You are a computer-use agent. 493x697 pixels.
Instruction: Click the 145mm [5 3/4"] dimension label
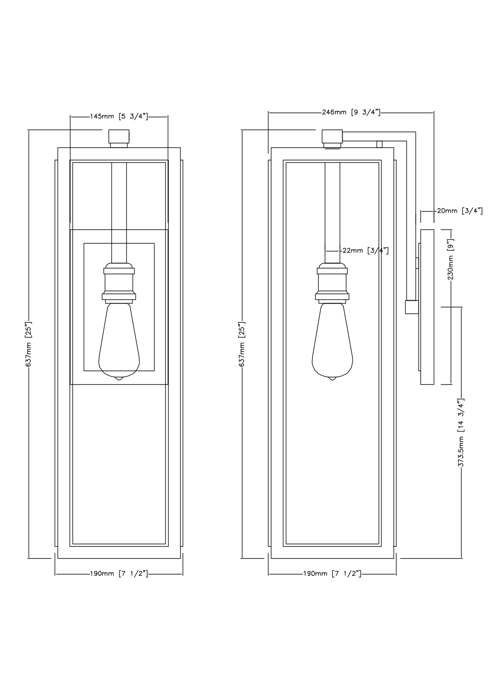pyautogui.click(x=119, y=117)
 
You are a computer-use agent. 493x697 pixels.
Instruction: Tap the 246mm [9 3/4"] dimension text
pyautogui.click(x=351, y=112)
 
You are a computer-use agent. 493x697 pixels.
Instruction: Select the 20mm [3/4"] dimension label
pyautogui.click(x=460, y=211)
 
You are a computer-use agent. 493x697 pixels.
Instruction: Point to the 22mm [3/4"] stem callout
pyautogui.click(x=365, y=251)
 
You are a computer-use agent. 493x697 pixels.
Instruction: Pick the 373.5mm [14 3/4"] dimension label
pyautogui.click(x=461, y=433)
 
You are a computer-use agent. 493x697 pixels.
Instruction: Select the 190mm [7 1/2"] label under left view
pyautogui.click(x=119, y=574)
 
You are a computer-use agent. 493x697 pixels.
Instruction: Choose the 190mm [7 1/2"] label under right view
pyautogui.click(x=332, y=574)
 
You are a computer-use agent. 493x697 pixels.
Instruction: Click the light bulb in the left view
pyautogui.click(x=119, y=342)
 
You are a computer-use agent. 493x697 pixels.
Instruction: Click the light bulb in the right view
pyautogui.click(x=332, y=342)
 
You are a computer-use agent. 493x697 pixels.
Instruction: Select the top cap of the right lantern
pyautogui.click(x=332, y=137)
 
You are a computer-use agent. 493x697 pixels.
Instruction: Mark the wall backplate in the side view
pyautogui.click(x=427, y=307)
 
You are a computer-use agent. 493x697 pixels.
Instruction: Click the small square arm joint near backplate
pyautogui.click(x=411, y=307)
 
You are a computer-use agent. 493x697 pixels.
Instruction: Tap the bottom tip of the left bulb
pyautogui.click(x=119, y=378)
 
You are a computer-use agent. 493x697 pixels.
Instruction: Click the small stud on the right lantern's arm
pyautogui.click(x=379, y=144)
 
